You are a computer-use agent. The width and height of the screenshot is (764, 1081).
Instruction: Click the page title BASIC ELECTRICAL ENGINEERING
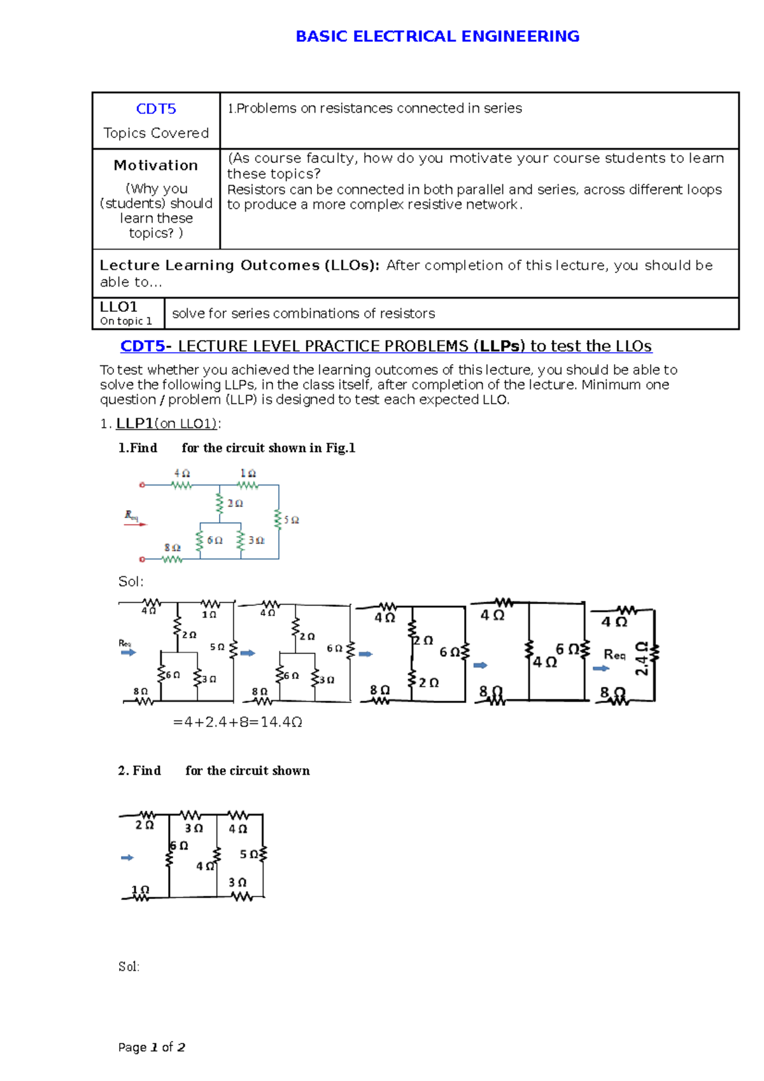pyautogui.click(x=437, y=36)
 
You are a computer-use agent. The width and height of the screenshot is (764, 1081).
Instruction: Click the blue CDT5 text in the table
pyautogui.click(x=156, y=109)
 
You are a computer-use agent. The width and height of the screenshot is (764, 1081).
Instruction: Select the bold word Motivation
pyautogui.click(x=156, y=166)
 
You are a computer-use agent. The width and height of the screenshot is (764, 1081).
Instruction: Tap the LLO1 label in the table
pyautogui.click(x=118, y=307)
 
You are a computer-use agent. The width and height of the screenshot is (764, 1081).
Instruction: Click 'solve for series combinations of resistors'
pyautogui.click(x=304, y=313)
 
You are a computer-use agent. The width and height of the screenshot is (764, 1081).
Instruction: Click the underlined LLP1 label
pyautogui.click(x=134, y=424)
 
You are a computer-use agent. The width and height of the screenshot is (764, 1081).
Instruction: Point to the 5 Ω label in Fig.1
pyautogui.click(x=292, y=520)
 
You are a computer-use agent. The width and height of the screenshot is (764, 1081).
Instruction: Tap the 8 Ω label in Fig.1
pyautogui.click(x=173, y=548)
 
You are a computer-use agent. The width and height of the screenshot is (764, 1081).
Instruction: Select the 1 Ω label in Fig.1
pyautogui.click(x=248, y=474)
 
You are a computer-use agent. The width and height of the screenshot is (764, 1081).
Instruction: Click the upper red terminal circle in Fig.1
pyautogui.click(x=142, y=485)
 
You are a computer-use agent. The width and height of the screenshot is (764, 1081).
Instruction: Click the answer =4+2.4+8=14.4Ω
pyautogui.click(x=237, y=722)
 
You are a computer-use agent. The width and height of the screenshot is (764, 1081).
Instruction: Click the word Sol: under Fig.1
pyautogui.click(x=131, y=581)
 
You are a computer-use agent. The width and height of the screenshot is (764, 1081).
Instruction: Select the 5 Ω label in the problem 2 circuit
pyautogui.click(x=249, y=854)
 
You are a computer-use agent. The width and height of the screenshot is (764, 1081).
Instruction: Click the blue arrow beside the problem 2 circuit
pyautogui.click(x=127, y=858)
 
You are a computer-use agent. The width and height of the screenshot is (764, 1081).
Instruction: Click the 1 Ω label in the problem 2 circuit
pyautogui.click(x=140, y=890)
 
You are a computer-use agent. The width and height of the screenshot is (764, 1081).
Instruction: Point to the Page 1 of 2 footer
pyautogui.click(x=152, y=1047)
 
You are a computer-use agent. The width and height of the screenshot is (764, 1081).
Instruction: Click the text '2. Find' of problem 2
pyautogui.click(x=139, y=770)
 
